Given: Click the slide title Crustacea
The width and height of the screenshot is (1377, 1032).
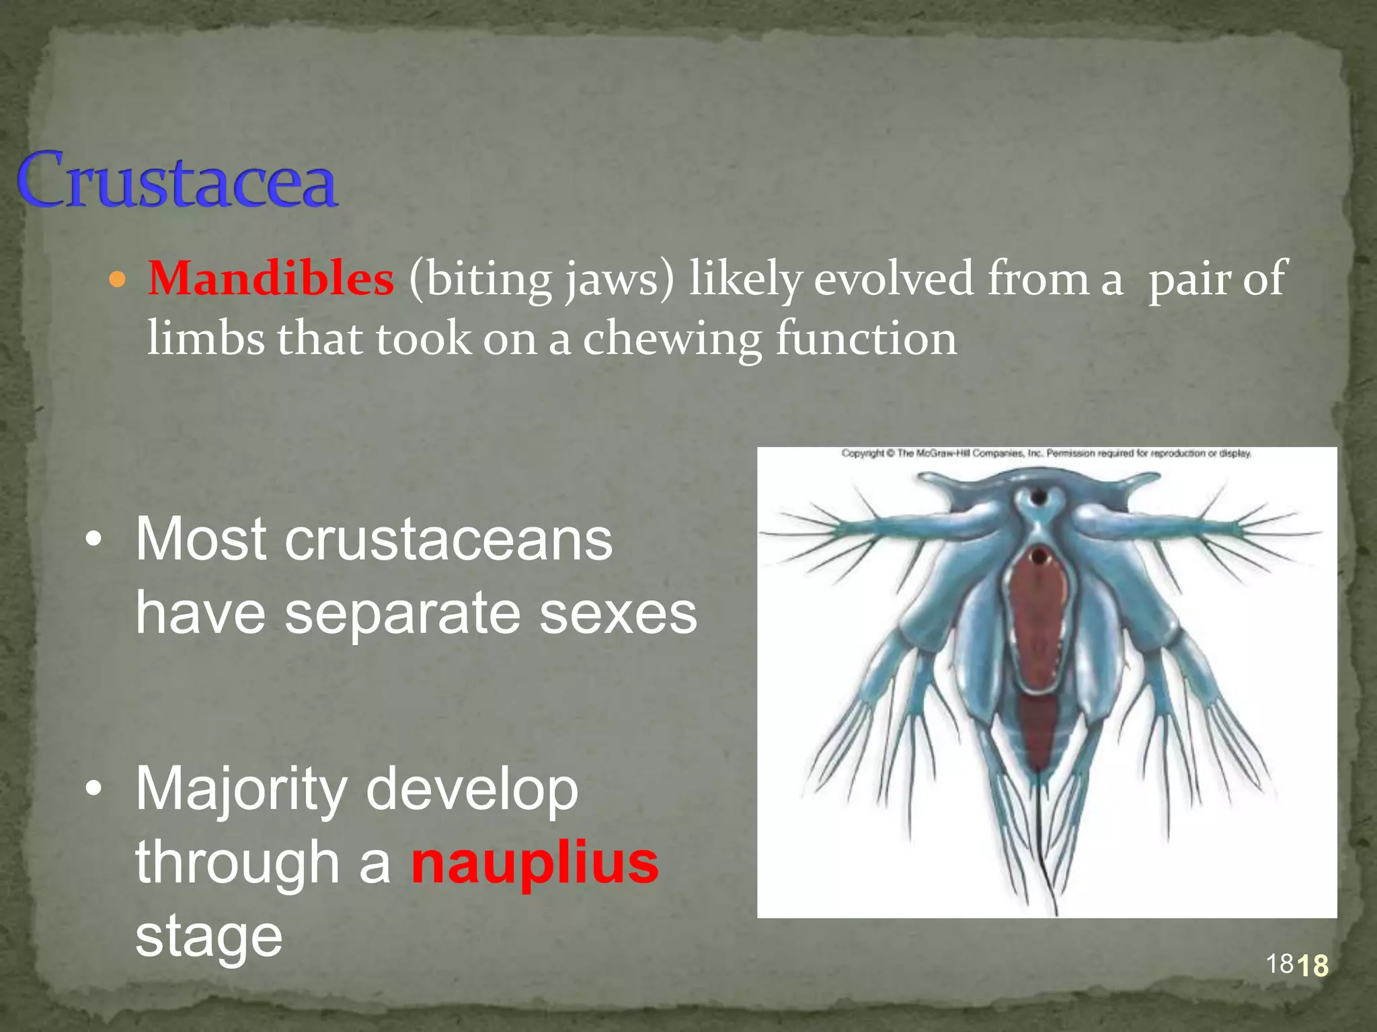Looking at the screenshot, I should [x=176, y=180].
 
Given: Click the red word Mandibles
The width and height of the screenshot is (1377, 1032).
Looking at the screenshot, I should [x=270, y=278].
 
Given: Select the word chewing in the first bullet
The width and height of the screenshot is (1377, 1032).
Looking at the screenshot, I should [x=672, y=339].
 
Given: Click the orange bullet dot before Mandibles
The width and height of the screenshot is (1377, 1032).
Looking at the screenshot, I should [x=117, y=279].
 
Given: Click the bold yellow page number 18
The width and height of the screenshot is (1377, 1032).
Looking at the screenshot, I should [x=1312, y=966].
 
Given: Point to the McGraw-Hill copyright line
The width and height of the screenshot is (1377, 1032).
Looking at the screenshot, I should [x=1046, y=454].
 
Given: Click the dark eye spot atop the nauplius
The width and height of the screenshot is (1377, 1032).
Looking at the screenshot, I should [x=1039, y=498].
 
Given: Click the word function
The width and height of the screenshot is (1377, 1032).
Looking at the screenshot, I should [x=866, y=339].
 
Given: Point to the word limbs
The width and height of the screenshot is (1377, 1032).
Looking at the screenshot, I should [x=206, y=339].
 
